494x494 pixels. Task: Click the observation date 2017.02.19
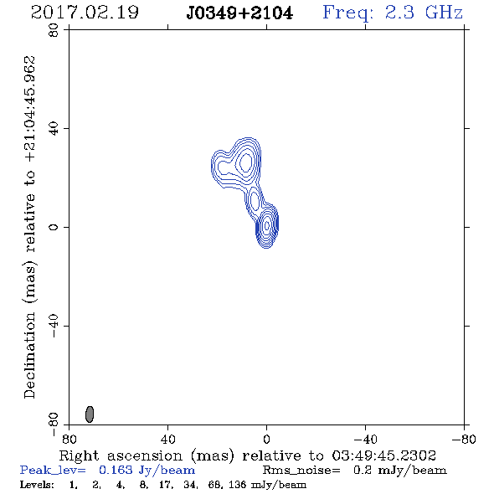(85, 13)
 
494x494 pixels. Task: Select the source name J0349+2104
(239, 13)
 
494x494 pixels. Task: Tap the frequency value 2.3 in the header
(399, 13)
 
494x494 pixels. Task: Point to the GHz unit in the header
(444, 13)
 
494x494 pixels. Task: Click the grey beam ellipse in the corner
(90, 414)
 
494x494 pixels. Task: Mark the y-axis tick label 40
(54, 128)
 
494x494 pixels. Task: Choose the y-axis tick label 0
(54, 227)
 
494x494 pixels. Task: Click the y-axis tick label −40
(54, 326)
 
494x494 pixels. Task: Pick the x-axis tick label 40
(167, 439)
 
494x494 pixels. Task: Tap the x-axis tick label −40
(365, 439)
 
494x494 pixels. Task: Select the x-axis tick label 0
(266, 439)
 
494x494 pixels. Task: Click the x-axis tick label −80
(464, 439)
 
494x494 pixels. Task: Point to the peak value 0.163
(116, 470)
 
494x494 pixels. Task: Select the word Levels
(37, 484)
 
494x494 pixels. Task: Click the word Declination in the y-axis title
(29, 355)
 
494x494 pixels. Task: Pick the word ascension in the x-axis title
(145, 455)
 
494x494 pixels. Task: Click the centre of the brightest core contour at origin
(267, 225)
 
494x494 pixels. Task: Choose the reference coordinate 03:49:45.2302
(383, 455)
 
